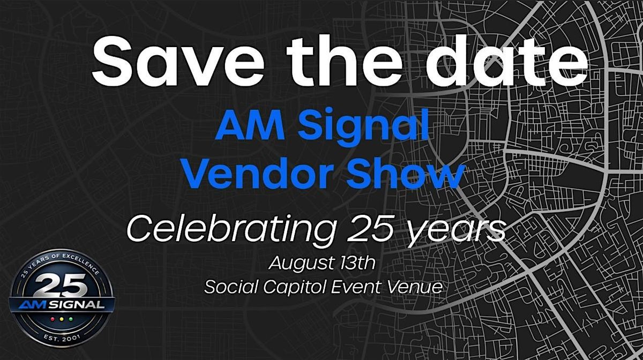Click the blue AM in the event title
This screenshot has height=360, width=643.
[250, 127]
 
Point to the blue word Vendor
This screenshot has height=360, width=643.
[258, 174]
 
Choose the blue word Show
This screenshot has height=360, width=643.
[405, 174]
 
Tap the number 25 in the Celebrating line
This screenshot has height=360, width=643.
[370, 229]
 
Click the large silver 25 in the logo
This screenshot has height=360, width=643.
[62, 285]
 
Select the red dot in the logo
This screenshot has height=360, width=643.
[53, 319]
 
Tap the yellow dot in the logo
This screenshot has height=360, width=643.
[62, 319]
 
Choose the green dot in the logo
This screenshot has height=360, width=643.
[71, 319]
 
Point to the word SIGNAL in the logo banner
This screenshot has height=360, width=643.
[76, 305]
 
